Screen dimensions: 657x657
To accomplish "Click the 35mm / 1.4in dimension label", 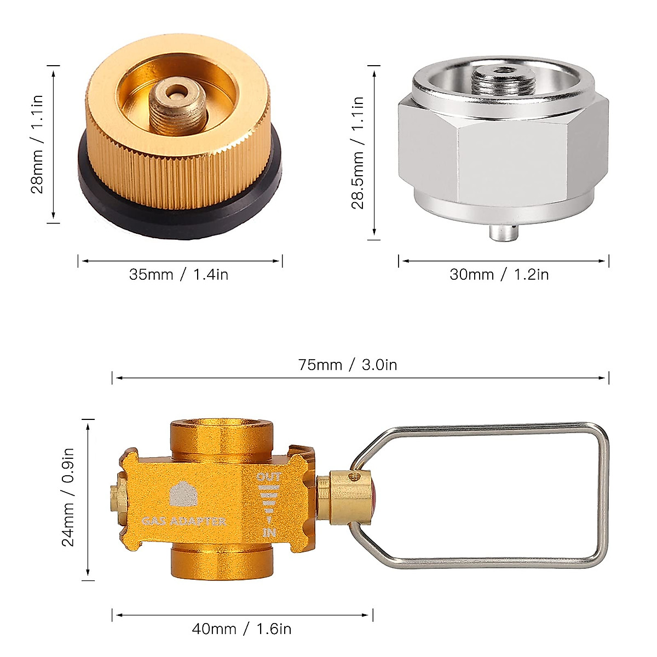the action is [x=178, y=274].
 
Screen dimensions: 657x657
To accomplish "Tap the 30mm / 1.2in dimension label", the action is [x=499, y=274].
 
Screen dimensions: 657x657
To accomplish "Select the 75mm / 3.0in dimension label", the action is [x=348, y=365].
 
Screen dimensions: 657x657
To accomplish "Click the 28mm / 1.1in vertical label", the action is [x=37, y=144].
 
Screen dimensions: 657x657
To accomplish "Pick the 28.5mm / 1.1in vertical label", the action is [x=358, y=152].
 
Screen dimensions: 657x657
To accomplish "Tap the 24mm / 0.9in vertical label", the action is [x=68, y=498].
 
